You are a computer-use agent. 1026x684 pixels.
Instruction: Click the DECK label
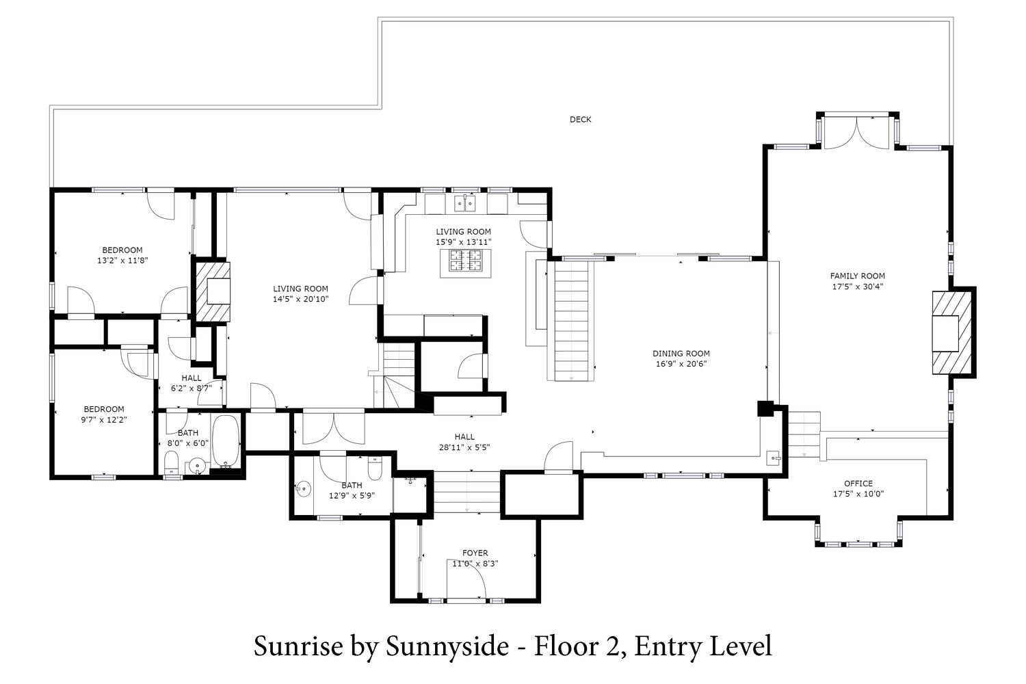pos(580,120)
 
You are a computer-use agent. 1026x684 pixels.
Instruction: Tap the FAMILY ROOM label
pos(858,276)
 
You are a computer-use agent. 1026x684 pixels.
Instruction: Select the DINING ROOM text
pos(681,353)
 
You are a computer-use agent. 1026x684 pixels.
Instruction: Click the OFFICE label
pos(858,484)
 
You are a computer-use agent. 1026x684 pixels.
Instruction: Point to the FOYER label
pos(475,553)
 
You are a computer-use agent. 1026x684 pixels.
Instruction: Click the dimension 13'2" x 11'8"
pos(122,261)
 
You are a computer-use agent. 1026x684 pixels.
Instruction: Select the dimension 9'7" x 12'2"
pos(104,420)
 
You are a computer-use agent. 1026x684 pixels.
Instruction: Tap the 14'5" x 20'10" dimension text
pos(300,299)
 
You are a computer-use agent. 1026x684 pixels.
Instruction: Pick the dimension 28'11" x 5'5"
pos(464,447)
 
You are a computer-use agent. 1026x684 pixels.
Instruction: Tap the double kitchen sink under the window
pos(465,203)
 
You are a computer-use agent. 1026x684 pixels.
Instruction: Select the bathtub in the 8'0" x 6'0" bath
pos(226,440)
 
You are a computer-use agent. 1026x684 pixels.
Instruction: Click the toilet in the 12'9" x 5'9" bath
pos(375,469)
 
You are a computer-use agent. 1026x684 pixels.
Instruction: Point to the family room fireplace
pos(952,333)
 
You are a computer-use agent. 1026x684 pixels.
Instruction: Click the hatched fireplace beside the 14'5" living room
pos(213,291)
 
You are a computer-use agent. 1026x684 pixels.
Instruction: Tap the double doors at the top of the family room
pos(856,133)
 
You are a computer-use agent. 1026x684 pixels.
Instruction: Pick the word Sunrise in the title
pos(298,646)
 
